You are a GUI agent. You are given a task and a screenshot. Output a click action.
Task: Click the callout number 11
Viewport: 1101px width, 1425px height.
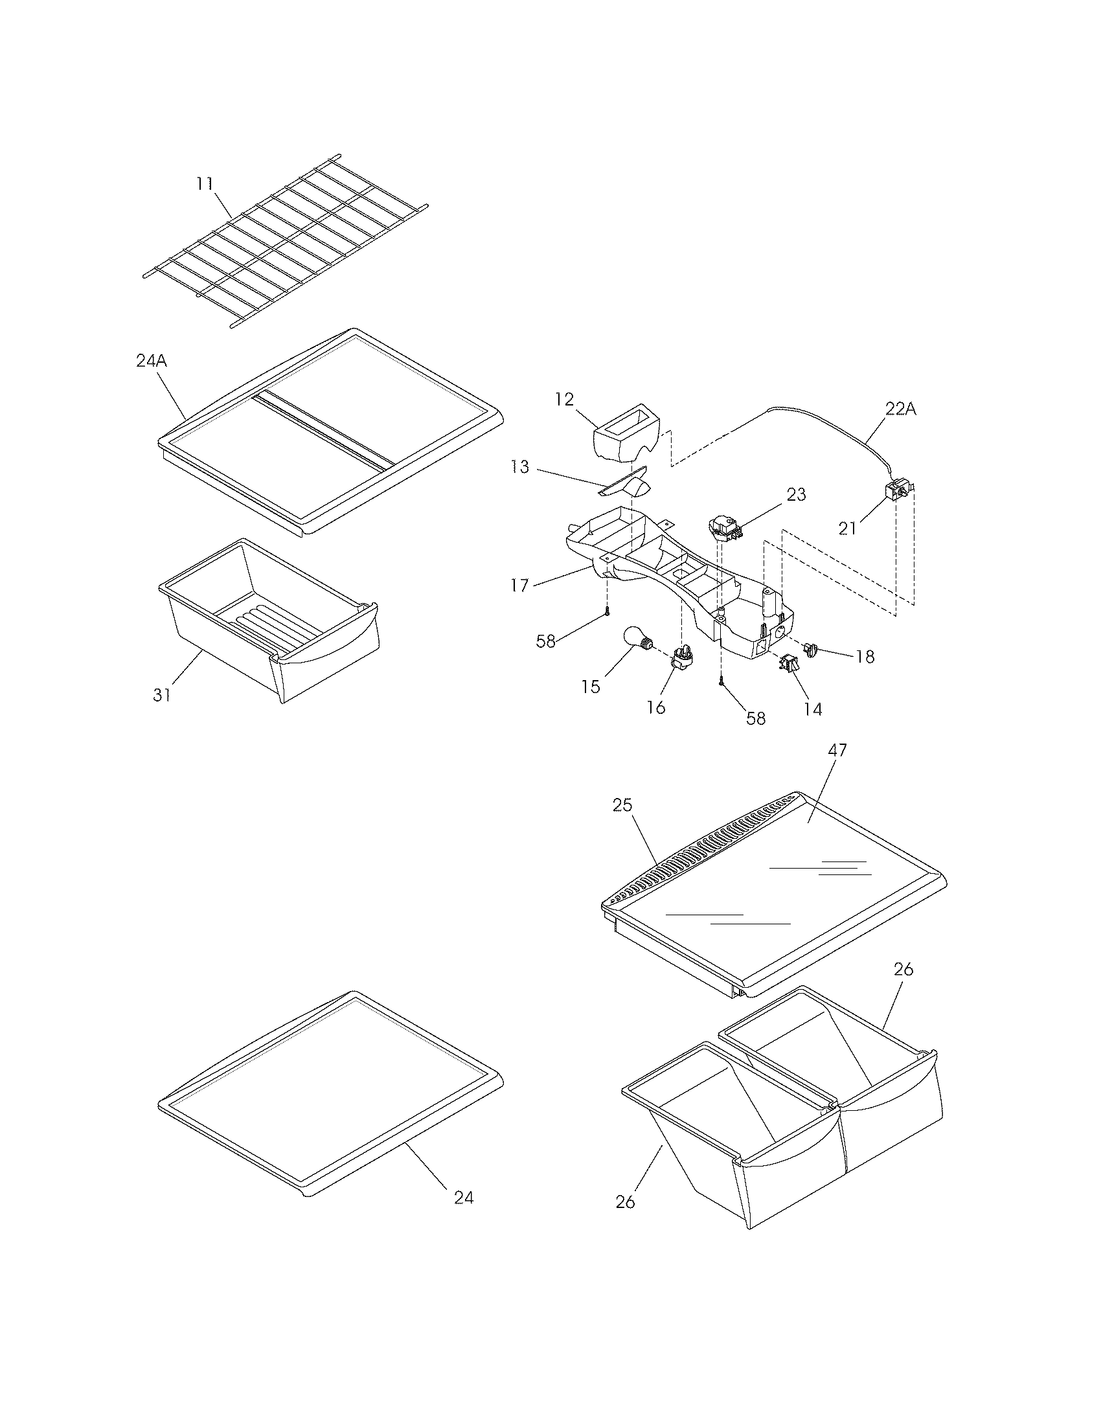pyautogui.click(x=205, y=184)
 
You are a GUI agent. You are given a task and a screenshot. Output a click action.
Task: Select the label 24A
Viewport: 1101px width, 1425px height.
pyautogui.click(x=152, y=361)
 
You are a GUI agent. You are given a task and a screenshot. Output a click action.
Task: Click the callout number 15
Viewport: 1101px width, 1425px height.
pyautogui.click(x=591, y=687)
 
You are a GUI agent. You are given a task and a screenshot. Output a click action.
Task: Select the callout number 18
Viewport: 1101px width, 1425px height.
pyautogui.click(x=865, y=656)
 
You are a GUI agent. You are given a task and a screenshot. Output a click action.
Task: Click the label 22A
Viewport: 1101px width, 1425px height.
pyautogui.click(x=901, y=409)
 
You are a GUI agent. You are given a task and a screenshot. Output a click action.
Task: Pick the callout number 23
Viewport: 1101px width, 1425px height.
pyautogui.click(x=797, y=495)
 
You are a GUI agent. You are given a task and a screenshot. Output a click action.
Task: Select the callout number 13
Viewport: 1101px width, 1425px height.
pyautogui.click(x=520, y=467)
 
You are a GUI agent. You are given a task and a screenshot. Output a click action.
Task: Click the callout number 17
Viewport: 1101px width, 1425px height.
pyautogui.click(x=519, y=586)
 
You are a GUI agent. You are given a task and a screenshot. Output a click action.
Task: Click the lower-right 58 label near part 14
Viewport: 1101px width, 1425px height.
pyautogui.click(x=755, y=718)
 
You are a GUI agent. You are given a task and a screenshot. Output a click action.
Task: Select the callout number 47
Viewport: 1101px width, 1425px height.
pyautogui.click(x=837, y=750)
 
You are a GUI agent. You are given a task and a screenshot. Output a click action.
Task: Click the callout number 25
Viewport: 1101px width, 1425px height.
pyautogui.click(x=622, y=805)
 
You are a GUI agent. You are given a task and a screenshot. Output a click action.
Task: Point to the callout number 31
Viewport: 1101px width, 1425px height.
pyautogui.click(x=162, y=695)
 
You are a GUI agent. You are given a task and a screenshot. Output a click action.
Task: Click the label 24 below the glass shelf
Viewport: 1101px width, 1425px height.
pyautogui.click(x=464, y=1198)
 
